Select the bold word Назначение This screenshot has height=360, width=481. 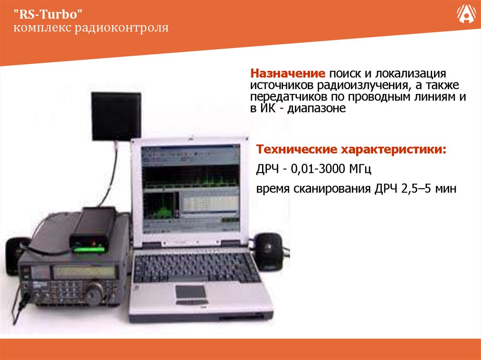[287, 74]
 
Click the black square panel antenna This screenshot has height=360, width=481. [116, 116]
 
